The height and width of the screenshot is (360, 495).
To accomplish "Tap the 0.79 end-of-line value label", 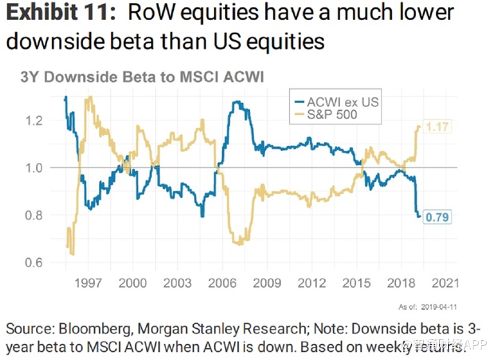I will (436, 216).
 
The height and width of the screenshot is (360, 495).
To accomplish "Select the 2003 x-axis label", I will (177, 283).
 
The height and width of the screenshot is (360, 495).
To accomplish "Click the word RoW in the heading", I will (156, 15).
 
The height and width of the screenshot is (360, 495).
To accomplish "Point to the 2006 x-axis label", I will (222, 283).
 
